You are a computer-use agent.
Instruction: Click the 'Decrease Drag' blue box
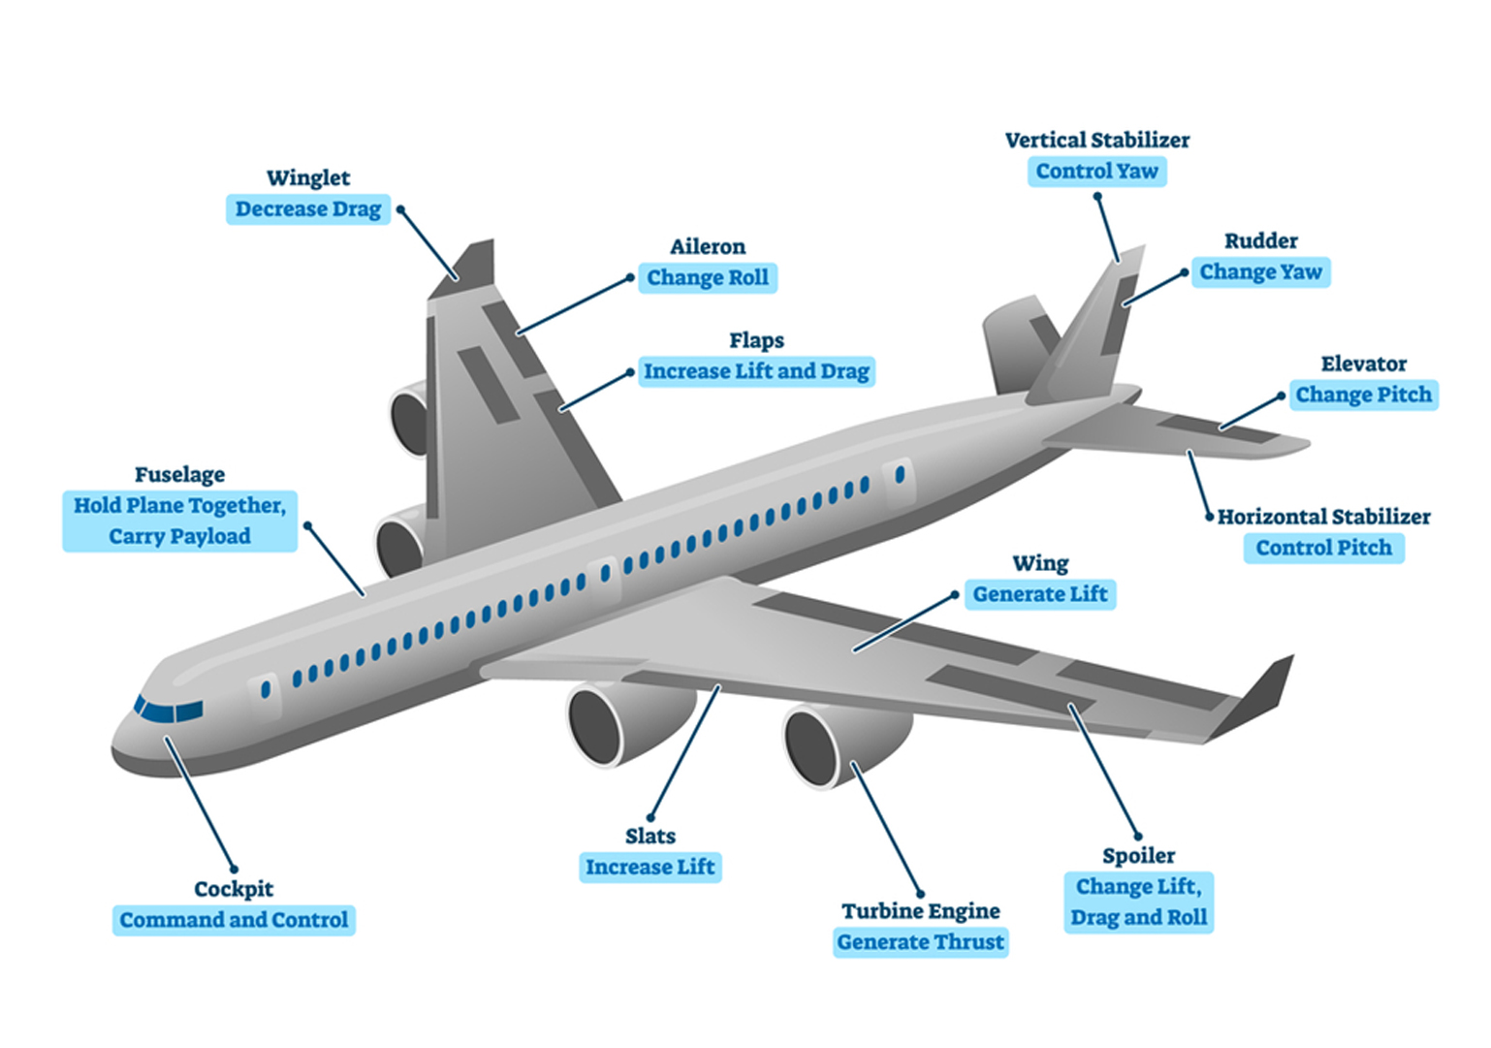pos(308,209)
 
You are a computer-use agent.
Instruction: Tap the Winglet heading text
pos(308,177)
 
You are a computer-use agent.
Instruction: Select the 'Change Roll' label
pos(707,278)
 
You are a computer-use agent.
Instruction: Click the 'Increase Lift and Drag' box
pos(756,371)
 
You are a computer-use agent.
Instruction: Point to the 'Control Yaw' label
pos(1096,172)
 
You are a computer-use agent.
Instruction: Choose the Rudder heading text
pos(1260,240)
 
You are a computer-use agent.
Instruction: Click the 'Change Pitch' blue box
pos(1363,395)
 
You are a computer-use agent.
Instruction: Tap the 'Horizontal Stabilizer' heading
pos(1323,517)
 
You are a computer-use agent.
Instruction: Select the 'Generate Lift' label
pos(1039,594)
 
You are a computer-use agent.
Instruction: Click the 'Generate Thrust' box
pos(920,942)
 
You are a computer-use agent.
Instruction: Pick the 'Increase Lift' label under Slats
pos(650,867)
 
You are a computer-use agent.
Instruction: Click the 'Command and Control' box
pos(234,920)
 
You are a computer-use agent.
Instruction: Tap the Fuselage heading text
pos(179,474)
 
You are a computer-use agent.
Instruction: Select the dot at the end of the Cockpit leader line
pos(234,868)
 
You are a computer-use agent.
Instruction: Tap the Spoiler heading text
pos(1138,855)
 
